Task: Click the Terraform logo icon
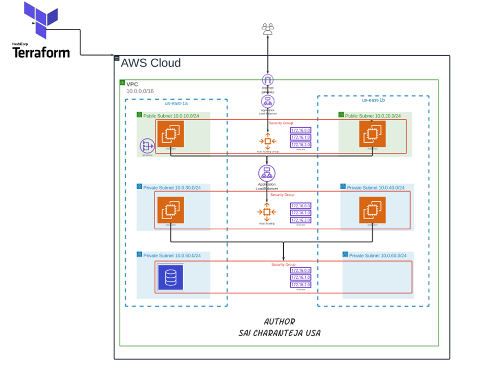click(x=41, y=20)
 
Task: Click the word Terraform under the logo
click(x=41, y=52)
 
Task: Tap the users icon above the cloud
click(x=267, y=29)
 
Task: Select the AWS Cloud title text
click(x=151, y=63)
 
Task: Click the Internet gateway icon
click(x=267, y=80)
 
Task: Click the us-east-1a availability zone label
click(x=176, y=103)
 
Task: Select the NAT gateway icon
click(x=147, y=146)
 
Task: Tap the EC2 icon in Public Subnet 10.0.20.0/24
click(x=372, y=134)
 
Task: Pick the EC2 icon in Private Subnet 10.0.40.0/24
click(x=372, y=209)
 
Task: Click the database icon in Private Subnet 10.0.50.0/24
click(x=170, y=277)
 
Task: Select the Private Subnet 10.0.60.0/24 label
click(x=378, y=255)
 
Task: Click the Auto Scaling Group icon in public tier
click(x=267, y=141)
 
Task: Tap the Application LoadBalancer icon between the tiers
click(x=267, y=174)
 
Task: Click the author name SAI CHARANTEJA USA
click(x=279, y=333)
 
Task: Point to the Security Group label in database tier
click(x=283, y=265)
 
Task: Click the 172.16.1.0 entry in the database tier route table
click(x=300, y=277)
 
